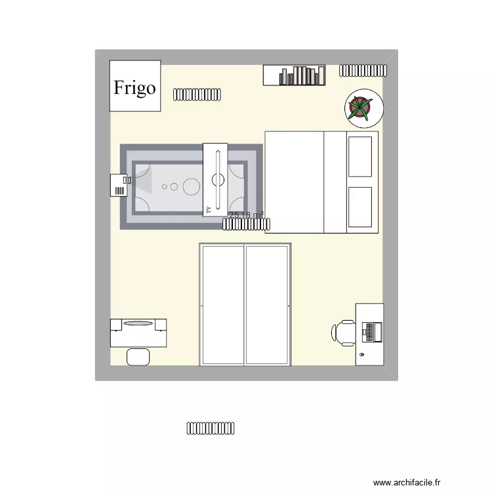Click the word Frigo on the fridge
click(x=135, y=87)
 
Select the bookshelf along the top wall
click(x=295, y=75)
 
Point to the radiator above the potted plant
click(x=363, y=70)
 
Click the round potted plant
click(x=359, y=108)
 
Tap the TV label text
click(x=209, y=209)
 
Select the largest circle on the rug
click(x=191, y=186)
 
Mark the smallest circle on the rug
click(x=165, y=186)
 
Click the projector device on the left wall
click(x=119, y=185)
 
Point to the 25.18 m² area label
click(x=246, y=215)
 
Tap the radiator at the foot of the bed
click(x=245, y=224)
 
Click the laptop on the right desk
click(x=371, y=331)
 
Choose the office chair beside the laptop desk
click(x=344, y=331)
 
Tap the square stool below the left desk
click(x=138, y=356)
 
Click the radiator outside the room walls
click(x=211, y=428)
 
